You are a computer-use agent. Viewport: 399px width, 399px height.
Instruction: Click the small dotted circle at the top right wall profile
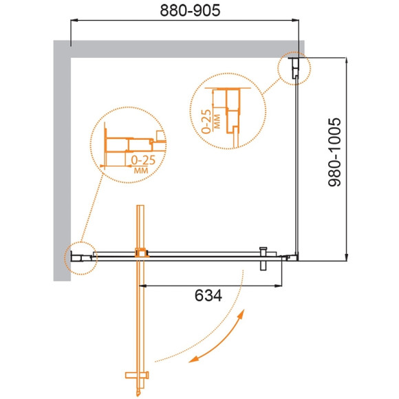coord(294,69)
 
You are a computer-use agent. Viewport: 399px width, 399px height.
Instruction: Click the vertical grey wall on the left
coord(61,158)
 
